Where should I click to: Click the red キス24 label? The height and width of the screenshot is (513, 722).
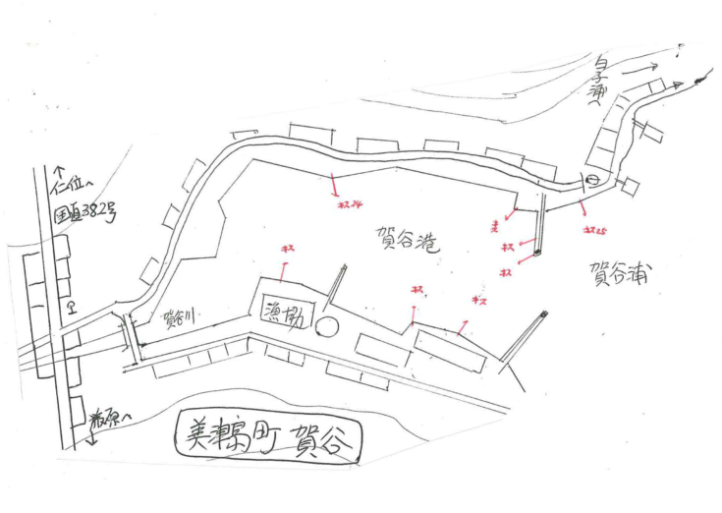pos(350,206)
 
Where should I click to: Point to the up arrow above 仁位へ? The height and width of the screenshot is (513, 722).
pos(58,174)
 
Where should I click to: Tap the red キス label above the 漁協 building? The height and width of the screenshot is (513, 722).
pos(288,252)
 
